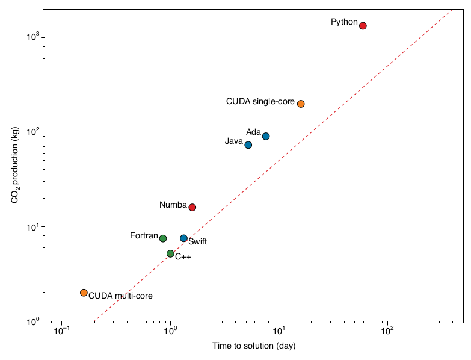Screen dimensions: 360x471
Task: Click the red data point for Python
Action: click(x=363, y=26)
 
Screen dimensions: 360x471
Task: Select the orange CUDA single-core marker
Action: click(x=301, y=104)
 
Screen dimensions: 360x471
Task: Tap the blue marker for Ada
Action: click(x=266, y=136)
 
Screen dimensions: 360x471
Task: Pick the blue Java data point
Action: click(x=248, y=145)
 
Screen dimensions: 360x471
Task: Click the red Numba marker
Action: click(x=192, y=207)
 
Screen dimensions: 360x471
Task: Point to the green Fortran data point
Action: click(x=163, y=238)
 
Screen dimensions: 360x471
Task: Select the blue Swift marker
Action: click(x=183, y=238)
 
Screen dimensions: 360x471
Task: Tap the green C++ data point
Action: click(x=170, y=254)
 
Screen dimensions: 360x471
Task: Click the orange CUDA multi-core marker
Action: click(x=84, y=293)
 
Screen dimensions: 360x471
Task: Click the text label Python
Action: click(x=344, y=22)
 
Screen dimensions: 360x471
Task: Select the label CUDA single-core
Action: click(x=260, y=102)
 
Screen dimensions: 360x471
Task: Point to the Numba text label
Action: click(x=173, y=205)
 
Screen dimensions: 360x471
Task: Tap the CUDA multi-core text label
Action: click(x=120, y=296)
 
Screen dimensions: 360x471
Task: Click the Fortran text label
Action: click(x=144, y=236)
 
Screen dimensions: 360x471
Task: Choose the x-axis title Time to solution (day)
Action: click(x=254, y=346)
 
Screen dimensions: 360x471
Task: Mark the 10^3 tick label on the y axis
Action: click(x=34, y=37)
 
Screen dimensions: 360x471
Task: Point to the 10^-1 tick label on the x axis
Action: click(x=61, y=331)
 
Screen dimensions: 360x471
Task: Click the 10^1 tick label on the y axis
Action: click(x=34, y=227)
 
